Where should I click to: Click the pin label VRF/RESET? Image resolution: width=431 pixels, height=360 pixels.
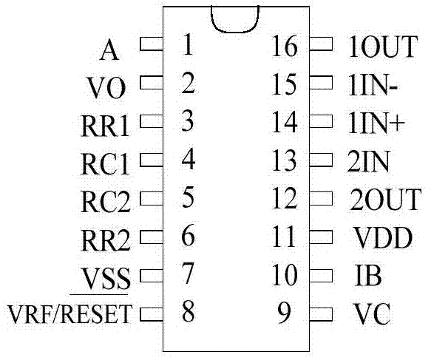click(70, 313)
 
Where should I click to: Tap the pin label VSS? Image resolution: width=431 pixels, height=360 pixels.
click(106, 278)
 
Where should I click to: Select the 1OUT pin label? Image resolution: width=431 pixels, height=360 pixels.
click(383, 47)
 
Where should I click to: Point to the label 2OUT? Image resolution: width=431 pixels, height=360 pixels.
click(385, 200)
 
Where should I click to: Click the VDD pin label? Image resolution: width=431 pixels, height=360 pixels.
click(384, 237)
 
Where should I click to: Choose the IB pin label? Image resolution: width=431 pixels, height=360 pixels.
click(368, 275)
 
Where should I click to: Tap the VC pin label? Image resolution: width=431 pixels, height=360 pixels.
click(372, 313)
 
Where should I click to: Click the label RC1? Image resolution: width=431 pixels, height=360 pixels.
click(105, 164)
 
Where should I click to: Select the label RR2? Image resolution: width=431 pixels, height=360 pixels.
click(105, 240)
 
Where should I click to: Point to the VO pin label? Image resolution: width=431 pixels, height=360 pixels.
click(106, 88)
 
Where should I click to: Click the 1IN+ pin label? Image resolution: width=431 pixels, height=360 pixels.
click(376, 123)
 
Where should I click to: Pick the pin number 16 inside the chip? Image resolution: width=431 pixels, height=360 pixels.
click(284, 46)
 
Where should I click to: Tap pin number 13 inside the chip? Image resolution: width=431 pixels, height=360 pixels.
click(284, 160)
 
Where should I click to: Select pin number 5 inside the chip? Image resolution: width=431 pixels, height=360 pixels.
click(189, 197)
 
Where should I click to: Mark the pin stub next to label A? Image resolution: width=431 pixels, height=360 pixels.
click(152, 44)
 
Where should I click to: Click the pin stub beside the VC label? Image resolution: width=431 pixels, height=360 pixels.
click(321, 314)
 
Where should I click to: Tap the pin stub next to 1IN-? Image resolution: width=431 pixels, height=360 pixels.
click(321, 82)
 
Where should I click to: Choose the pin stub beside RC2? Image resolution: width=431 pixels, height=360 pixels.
click(152, 198)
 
